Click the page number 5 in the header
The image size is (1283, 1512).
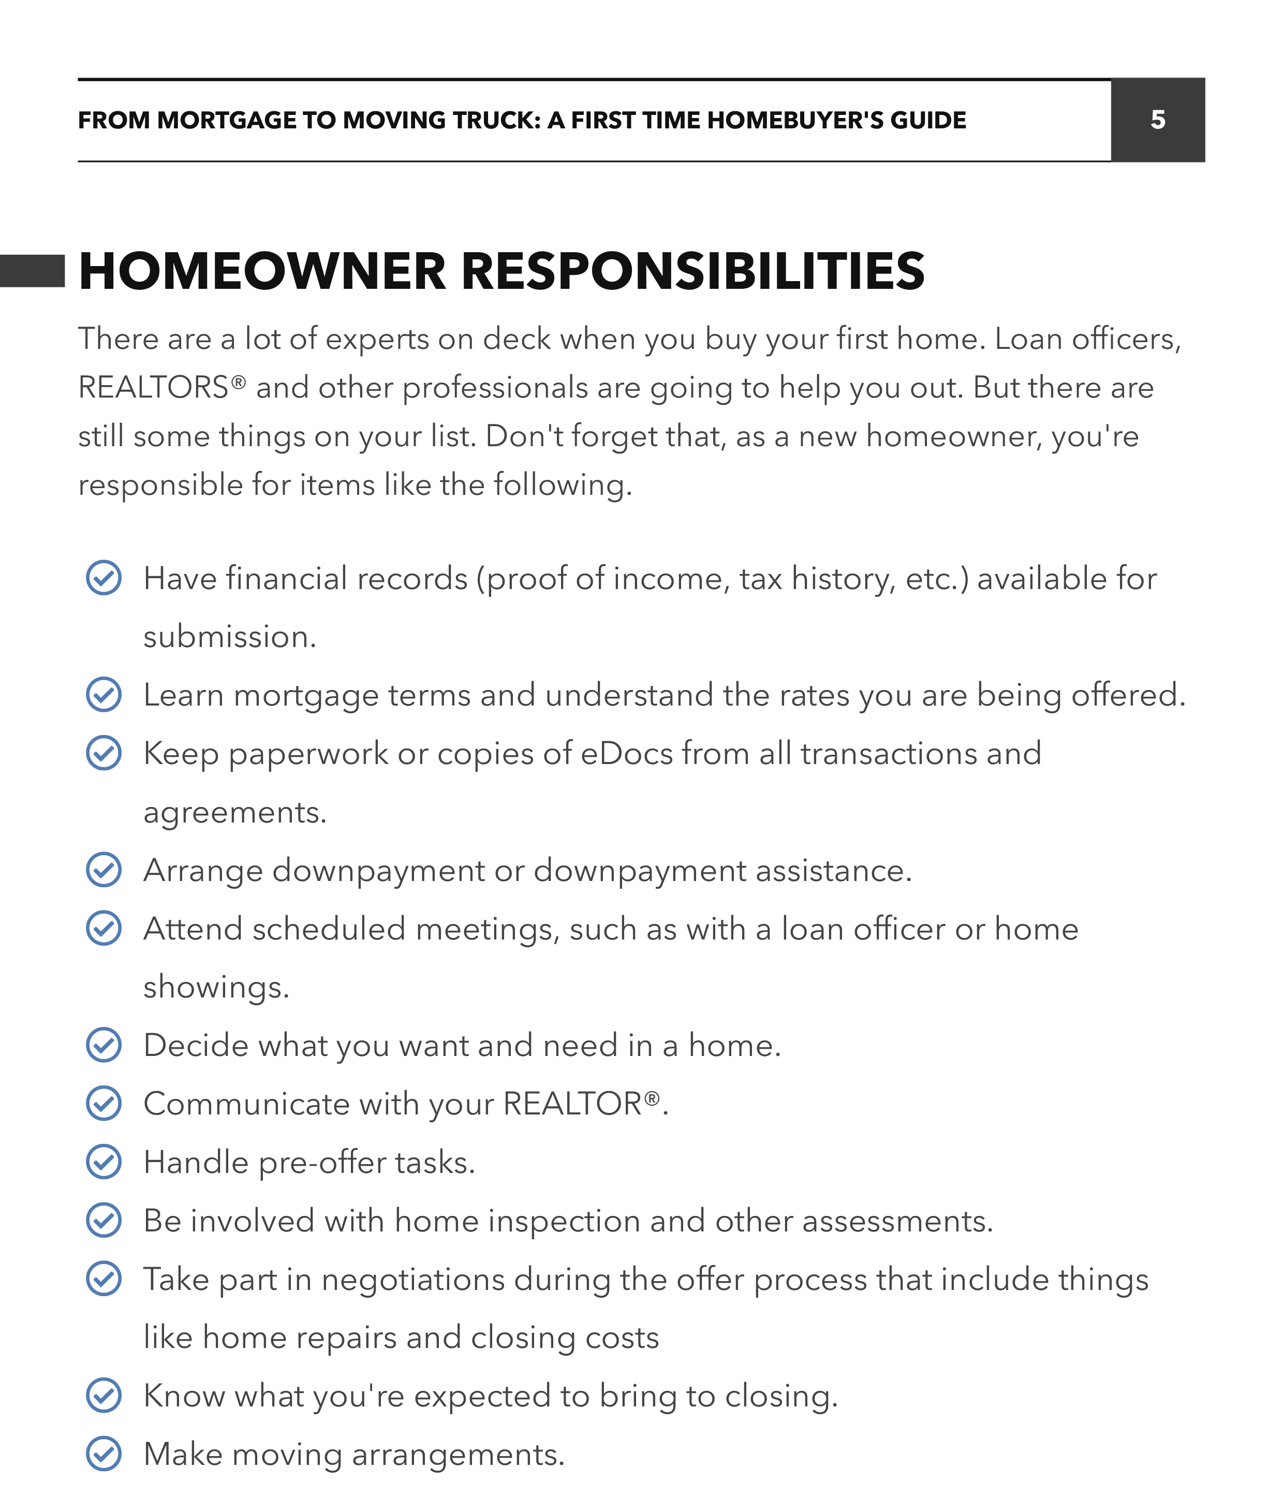click(1157, 120)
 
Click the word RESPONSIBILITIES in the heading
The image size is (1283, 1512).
click(692, 271)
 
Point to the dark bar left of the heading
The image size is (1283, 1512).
click(32, 271)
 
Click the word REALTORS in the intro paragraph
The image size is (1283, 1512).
click(153, 388)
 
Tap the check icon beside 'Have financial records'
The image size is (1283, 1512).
click(104, 578)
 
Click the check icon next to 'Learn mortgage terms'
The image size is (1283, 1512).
click(104, 695)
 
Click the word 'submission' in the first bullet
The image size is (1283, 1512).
click(228, 637)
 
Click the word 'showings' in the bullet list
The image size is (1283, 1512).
click(215, 987)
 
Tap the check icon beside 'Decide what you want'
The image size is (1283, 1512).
click(104, 1045)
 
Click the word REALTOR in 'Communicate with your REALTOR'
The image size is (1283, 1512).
click(572, 1104)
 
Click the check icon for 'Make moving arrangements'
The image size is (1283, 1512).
click(104, 1455)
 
